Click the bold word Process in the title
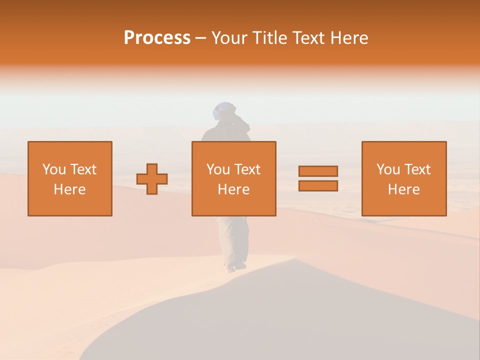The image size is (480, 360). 157,38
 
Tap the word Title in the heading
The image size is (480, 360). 268,38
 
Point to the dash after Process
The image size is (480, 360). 200,38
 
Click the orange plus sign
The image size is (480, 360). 152,179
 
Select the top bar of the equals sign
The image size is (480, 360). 318,171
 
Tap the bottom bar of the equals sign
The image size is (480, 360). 318,185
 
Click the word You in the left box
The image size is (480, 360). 54,169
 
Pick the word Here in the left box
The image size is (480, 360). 69,189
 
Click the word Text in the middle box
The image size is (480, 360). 247,169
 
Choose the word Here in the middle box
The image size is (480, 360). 233,189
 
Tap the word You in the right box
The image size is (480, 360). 388,169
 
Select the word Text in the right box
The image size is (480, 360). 417,169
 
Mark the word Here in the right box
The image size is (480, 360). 403,189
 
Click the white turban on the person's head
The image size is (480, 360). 223,109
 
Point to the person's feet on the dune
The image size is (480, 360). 234,267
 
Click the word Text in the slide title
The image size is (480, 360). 308,38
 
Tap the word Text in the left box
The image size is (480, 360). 83,169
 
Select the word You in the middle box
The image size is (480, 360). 218,169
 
